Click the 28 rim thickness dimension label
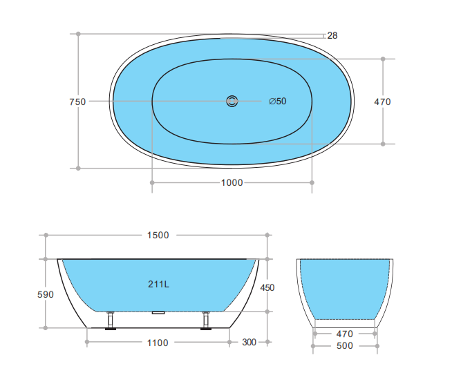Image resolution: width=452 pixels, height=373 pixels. [332, 35]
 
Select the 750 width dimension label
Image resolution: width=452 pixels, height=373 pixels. [77, 102]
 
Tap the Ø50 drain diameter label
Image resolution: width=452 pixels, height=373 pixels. [277, 102]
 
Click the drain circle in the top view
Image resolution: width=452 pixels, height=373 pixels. [232, 102]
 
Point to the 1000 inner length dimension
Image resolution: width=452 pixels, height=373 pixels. [232, 182]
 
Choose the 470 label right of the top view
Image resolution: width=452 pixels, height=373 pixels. [382, 102]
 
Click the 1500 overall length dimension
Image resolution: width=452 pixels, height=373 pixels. [158, 235]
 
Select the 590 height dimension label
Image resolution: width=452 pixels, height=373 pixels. [45, 294]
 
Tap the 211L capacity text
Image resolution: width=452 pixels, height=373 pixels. [158, 284]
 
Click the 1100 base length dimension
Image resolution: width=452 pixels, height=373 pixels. [158, 343]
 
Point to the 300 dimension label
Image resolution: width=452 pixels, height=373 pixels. [249, 343]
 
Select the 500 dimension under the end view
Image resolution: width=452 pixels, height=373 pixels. [345, 345]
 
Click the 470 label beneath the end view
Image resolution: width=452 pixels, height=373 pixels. [345, 333]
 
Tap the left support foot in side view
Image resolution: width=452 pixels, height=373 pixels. [110, 322]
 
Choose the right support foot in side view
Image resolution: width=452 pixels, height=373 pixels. [205, 322]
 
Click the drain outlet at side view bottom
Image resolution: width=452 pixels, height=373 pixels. [158, 312]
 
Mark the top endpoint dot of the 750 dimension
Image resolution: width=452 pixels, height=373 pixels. [78, 33]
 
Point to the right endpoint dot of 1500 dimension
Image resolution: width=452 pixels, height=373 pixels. [268, 235]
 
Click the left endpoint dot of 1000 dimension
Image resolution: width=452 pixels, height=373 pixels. [151, 182]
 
